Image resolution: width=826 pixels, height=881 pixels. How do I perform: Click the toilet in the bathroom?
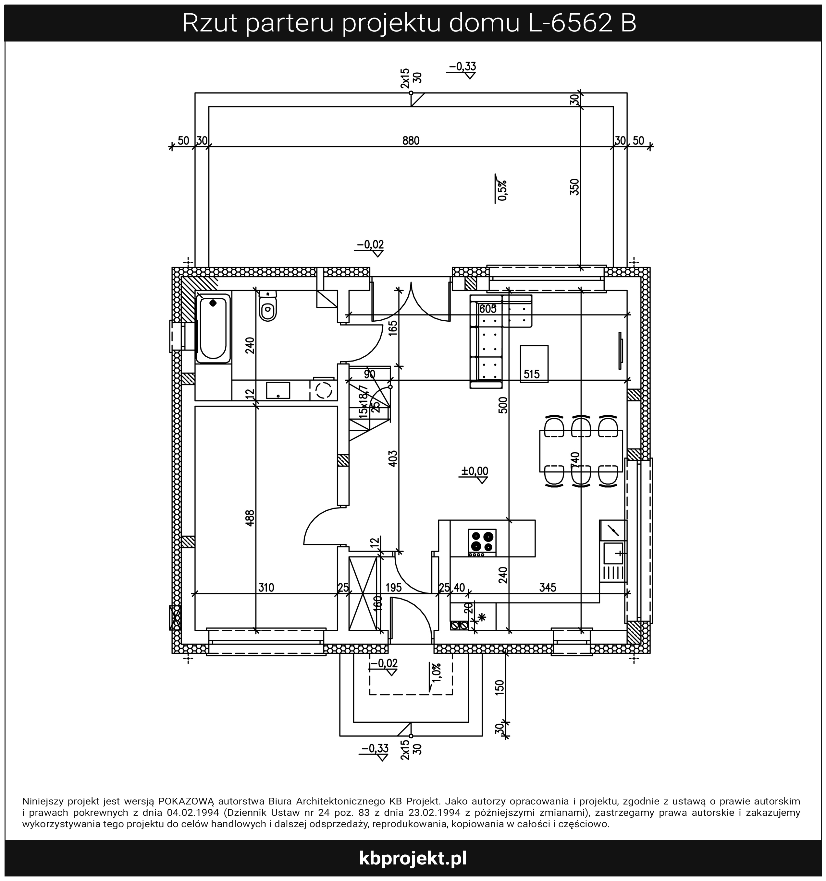[x=267, y=306]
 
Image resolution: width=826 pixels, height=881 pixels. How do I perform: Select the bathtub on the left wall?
[x=213, y=328]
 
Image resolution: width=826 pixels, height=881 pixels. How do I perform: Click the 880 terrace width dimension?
[x=411, y=141]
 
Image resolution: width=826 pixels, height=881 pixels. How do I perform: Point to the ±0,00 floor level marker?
[x=475, y=471]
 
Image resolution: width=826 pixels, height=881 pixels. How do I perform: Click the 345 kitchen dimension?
[x=548, y=588]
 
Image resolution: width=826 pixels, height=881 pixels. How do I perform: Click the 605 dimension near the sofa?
[x=488, y=309]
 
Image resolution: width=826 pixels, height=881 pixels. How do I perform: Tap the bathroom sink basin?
[x=278, y=390]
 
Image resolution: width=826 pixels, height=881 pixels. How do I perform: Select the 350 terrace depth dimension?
[x=574, y=187]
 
